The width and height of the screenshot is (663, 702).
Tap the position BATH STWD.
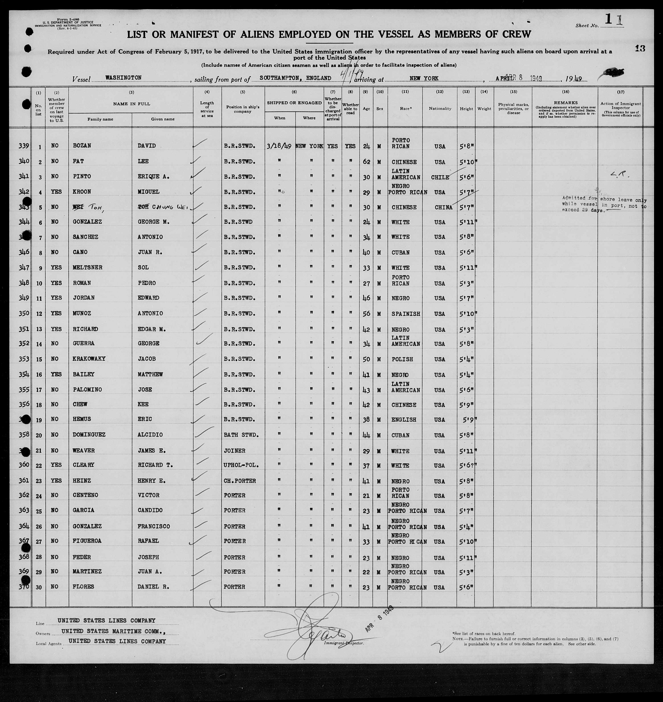[x=241, y=435]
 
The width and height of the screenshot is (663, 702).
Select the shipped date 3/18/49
[x=279, y=146]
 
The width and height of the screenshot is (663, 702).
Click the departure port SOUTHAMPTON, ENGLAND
[x=295, y=78]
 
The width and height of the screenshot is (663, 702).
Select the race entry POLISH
[x=402, y=359]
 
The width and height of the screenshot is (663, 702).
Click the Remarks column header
[x=565, y=103]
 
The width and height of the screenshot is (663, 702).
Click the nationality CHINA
[x=443, y=207]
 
